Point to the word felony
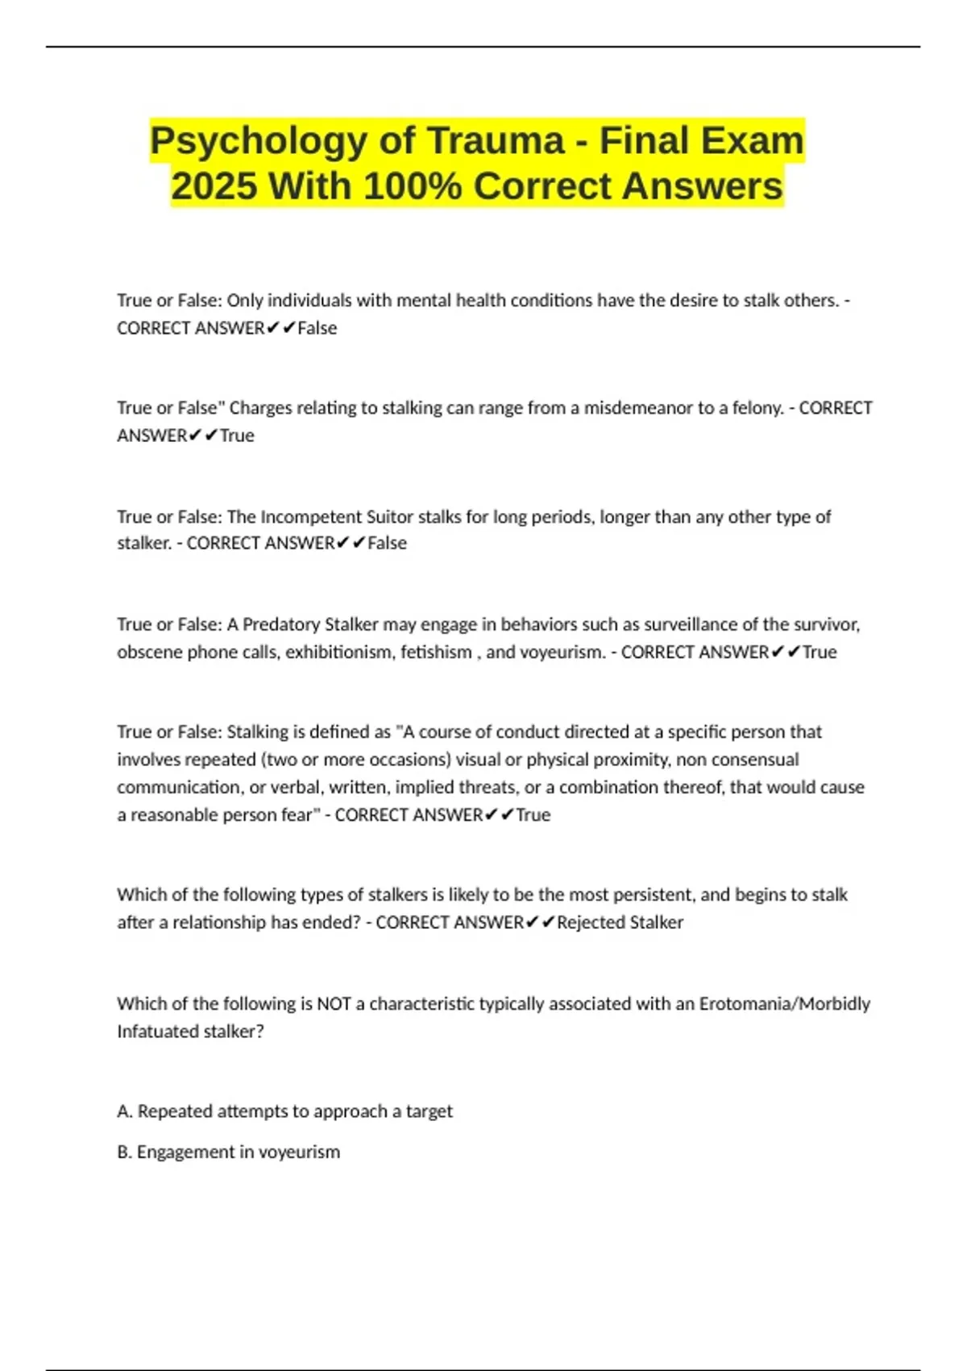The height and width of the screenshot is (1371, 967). click(x=757, y=408)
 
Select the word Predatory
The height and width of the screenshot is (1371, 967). click(x=280, y=624)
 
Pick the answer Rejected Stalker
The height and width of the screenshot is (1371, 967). click(x=620, y=923)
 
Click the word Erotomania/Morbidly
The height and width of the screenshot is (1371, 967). click(x=784, y=1004)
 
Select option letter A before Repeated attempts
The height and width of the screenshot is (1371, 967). click(x=124, y=1111)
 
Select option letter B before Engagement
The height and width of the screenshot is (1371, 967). click(x=124, y=1152)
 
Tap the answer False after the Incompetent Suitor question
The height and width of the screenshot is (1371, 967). click(x=387, y=544)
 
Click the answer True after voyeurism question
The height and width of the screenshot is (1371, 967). click(x=820, y=652)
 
